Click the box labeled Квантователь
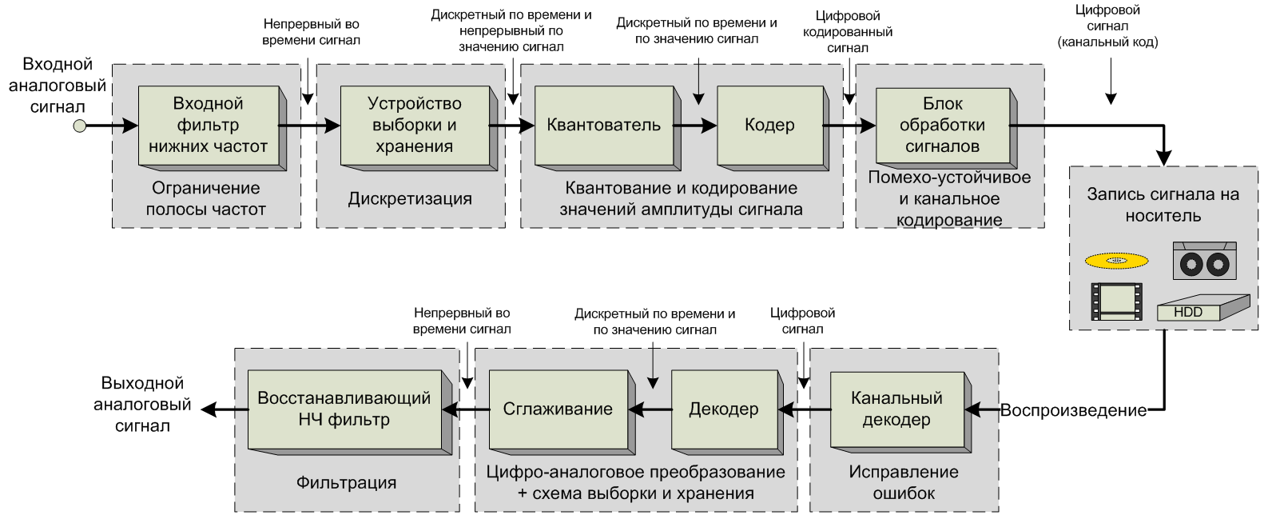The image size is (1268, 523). [x=604, y=125]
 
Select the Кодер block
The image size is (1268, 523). [x=769, y=125]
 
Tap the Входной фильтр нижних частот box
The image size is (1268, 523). [x=208, y=125]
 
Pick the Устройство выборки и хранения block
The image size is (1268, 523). [x=414, y=125]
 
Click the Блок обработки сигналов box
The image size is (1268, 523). [x=942, y=125]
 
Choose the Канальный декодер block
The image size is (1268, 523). [x=896, y=409]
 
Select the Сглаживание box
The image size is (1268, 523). [x=558, y=409]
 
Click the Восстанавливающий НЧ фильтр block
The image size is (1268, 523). [x=344, y=409]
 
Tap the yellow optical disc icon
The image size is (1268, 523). [x=1117, y=260]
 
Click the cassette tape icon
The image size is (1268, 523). [x=1205, y=261]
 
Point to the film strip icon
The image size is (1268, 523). [x=1116, y=301]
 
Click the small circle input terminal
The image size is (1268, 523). [x=79, y=126]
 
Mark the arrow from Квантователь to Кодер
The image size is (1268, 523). [x=695, y=126]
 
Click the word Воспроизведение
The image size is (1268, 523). [x=1073, y=410]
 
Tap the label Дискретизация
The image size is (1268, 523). [x=410, y=198]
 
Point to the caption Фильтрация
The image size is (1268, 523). [x=346, y=482]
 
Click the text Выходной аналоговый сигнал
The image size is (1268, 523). [x=142, y=405]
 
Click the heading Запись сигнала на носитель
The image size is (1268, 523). [x=1163, y=205]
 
